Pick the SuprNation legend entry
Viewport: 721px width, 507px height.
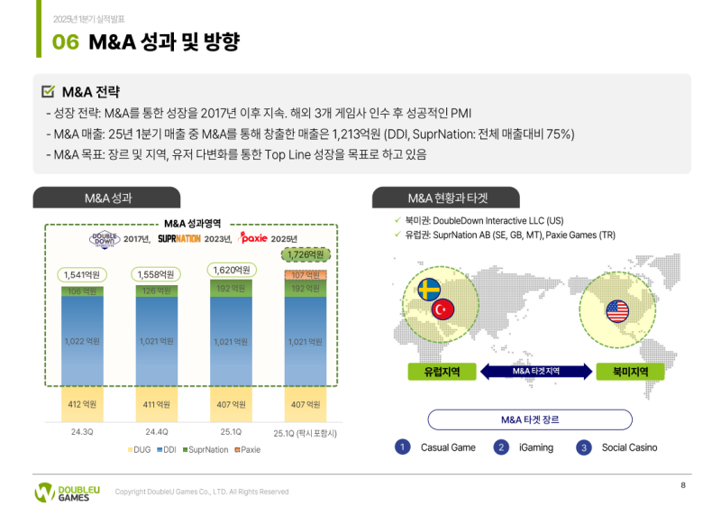(x=205, y=449)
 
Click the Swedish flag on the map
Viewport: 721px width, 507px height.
(x=428, y=290)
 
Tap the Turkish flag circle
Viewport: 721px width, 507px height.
(x=443, y=309)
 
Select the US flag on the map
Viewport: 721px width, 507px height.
(x=617, y=311)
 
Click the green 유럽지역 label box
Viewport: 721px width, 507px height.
(x=434, y=371)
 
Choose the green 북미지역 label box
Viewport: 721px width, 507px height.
(x=618, y=371)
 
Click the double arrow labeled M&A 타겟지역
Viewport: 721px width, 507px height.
(x=535, y=371)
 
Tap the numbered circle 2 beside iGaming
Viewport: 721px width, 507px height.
(x=502, y=447)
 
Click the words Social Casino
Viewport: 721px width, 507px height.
(x=629, y=447)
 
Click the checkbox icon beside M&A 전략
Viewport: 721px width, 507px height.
(x=49, y=92)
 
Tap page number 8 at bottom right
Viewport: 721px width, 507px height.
(x=683, y=486)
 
